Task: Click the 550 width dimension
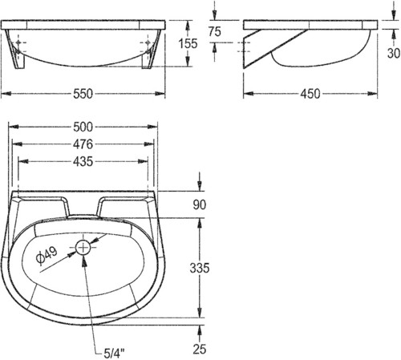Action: point(83,94)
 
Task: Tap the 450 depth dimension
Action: point(310,94)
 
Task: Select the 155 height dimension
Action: point(188,43)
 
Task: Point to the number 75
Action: point(215,31)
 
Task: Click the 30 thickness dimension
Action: point(394,53)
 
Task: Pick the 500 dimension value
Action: point(83,127)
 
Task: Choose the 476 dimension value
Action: point(83,144)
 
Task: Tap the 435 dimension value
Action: point(83,162)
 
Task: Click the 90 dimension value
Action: point(200,204)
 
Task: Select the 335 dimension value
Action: point(200,268)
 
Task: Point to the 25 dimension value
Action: point(200,349)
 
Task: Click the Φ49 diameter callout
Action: point(47,255)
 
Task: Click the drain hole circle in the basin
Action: point(83,248)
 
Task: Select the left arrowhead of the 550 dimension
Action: point(6,94)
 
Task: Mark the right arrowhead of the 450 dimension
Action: point(372,94)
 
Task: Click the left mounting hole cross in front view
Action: point(18,42)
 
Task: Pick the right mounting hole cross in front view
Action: point(148,42)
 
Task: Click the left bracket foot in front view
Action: point(18,58)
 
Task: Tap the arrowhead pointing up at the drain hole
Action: point(84,261)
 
